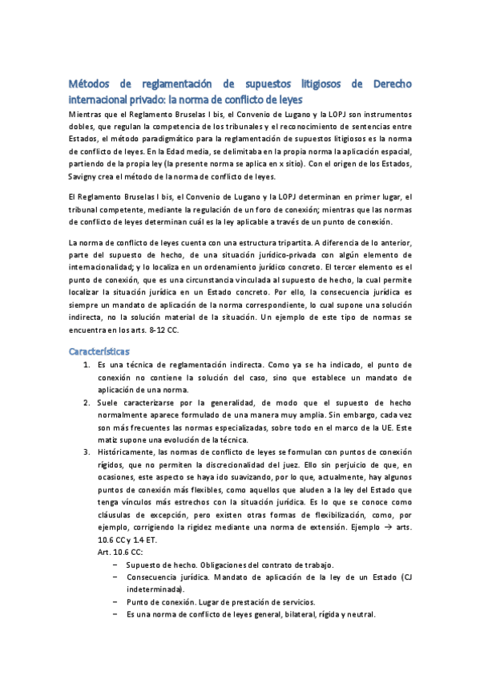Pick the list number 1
click(x=87, y=342)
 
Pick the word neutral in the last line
click(x=359, y=615)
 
